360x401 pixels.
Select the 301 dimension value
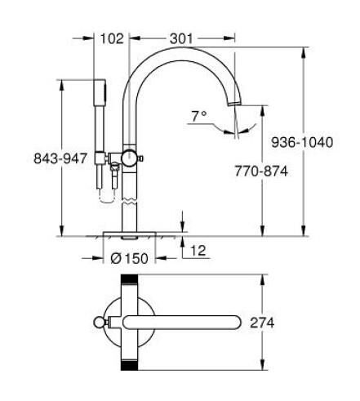183,37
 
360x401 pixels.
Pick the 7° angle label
198,117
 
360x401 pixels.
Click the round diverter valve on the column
129,157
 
